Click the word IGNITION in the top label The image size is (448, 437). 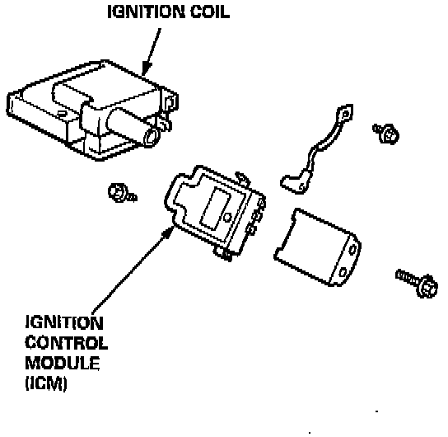[146, 12]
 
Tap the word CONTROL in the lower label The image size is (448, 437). [66, 343]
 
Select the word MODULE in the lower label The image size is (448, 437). [63, 363]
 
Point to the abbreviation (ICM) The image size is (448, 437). [46, 383]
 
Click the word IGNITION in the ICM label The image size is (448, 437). [64, 322]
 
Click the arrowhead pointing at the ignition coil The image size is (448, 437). [147, 68]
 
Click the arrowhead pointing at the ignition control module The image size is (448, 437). [169, 233]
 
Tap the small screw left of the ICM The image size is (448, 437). [122, 193]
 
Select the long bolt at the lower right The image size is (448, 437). [418, 283]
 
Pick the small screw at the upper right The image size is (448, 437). [386, 134]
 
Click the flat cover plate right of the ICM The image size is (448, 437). [317, 247]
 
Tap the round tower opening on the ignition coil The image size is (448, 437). [152, 136]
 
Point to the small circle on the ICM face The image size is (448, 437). [227, 218]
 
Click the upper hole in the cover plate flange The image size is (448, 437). [352, 250]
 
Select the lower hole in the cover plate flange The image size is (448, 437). [343, 273]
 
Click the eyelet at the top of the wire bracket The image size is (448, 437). [345, 114]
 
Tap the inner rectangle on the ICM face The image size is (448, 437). [216, 209]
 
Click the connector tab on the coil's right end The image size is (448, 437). [170, 102]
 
